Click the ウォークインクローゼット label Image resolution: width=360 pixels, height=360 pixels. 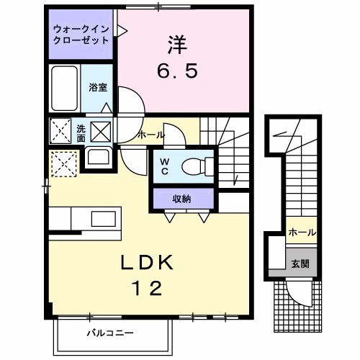81,35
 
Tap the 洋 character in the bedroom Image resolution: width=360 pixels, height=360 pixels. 177,45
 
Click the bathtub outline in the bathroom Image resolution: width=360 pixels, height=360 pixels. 65,89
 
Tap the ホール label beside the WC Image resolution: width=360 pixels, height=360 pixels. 150,135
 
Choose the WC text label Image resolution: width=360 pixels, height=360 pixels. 164,166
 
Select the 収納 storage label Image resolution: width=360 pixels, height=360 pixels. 181,199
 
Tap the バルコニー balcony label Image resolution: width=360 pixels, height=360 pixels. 111,333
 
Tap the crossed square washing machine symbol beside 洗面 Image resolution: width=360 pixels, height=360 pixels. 100,132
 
